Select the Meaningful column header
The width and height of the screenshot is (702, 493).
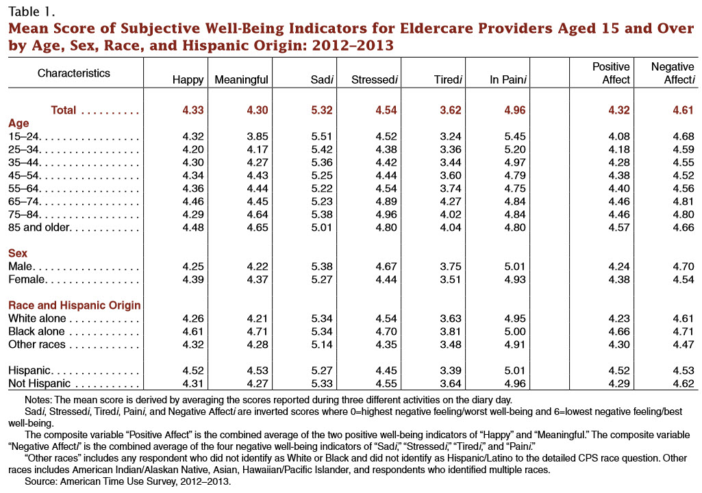(241, 80)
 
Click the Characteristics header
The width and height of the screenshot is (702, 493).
(73, 73)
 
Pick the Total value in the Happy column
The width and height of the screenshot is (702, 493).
(191, 110)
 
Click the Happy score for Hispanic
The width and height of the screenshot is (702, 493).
(191, 370)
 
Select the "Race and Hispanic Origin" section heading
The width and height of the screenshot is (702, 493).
(74, 305)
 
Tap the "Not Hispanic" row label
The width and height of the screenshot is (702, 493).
(38, 383)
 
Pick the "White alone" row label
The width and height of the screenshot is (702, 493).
(37, 318)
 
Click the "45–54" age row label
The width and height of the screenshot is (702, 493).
(22, 175)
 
